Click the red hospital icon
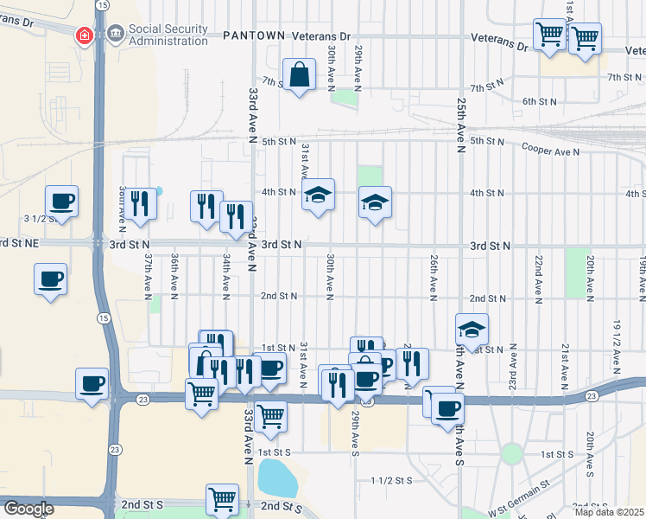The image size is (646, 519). point(85,35)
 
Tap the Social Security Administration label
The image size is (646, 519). point(168,35)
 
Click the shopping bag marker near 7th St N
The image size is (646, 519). point(299,75)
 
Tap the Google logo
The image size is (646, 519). point(28,509)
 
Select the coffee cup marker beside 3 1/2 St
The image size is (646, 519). point(61,202)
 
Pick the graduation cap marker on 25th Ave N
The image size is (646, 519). point(472,330)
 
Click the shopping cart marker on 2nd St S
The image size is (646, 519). point(222,498)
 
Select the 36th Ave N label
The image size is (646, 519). point(174,275)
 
